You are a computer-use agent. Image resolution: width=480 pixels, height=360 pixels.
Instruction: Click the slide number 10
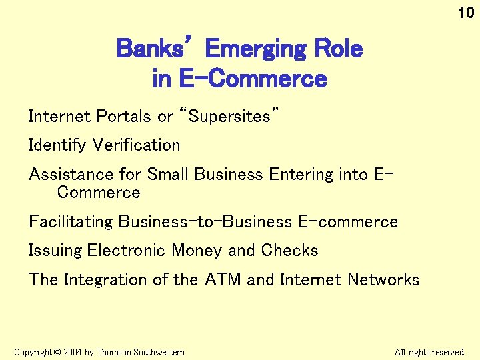tap(465, 13)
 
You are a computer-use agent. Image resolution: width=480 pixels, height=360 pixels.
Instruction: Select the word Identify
tap(58, 145)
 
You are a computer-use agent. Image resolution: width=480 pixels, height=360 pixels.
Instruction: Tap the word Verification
tap(137, 145)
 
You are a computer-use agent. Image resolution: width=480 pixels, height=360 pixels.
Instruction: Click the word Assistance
tap(72, 175)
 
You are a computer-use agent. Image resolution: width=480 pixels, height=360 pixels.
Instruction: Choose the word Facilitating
tap(71, 222)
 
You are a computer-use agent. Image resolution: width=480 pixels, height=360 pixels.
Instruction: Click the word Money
tap(197, 251)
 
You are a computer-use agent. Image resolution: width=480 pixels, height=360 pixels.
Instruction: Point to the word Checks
tap(289, 251)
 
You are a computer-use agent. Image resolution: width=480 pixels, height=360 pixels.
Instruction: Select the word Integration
tap(106, 280)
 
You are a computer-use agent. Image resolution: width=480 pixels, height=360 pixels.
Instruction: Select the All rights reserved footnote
tap(429, 352)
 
